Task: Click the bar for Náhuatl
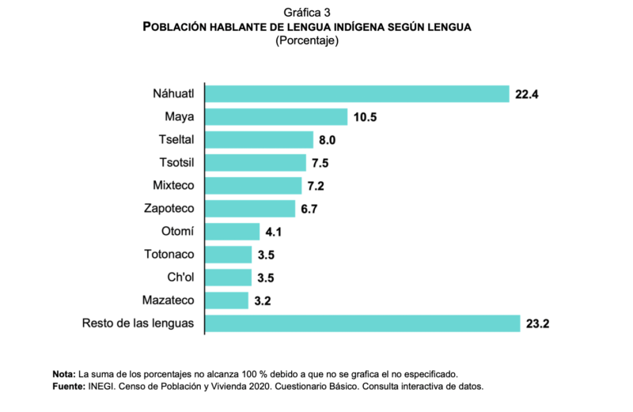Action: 357,94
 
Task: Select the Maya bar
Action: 276,117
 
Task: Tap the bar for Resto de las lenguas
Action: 362,323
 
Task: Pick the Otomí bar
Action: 233,232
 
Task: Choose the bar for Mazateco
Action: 226,300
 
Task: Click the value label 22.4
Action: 527,94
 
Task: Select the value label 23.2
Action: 538,323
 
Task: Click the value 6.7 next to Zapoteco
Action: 319,209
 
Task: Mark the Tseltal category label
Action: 176,140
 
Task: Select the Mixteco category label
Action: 173,186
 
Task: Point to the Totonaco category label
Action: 169,255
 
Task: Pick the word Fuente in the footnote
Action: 67,387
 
